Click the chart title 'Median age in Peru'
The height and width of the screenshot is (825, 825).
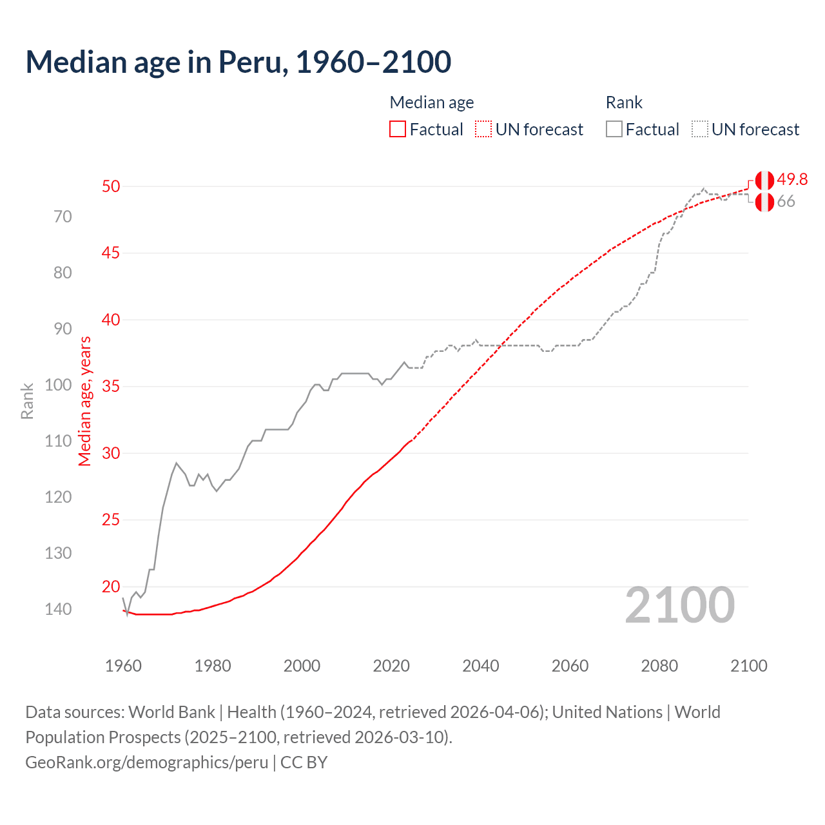(x=238, y=62)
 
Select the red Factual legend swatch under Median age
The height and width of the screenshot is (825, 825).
(x=398, y=130)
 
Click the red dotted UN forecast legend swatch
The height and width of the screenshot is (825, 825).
(x=483, y=130)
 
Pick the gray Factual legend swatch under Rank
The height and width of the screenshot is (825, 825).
(x=614, y=130)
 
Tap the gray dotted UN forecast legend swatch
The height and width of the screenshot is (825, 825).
(x=700, y=130)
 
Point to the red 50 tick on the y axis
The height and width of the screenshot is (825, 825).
(x=111, y=186)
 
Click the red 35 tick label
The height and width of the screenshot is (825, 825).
(x=111, y=387)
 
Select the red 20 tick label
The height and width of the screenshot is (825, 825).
(x=111, y=587)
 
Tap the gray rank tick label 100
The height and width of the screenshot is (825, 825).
(x=58, y=385)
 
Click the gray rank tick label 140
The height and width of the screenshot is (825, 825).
(x=58, y=609)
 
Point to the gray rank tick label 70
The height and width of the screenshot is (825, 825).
(x=63, y=217)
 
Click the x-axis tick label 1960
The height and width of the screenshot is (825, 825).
(x=123, y=666)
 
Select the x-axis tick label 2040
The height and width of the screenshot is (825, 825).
(x=481, y=666)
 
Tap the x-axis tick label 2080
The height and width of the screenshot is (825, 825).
(x=659, y=666)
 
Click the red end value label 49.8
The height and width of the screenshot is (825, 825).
(x=792, y=179)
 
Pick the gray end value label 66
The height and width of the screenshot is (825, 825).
(x=786, y=202)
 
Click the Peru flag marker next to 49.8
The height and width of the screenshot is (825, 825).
(x=764, y=180)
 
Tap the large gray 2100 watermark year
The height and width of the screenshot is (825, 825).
(x=680, y=605)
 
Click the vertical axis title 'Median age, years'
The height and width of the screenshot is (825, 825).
(x=85, y=401)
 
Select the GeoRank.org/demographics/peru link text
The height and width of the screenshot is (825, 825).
(x=147, y=762)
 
